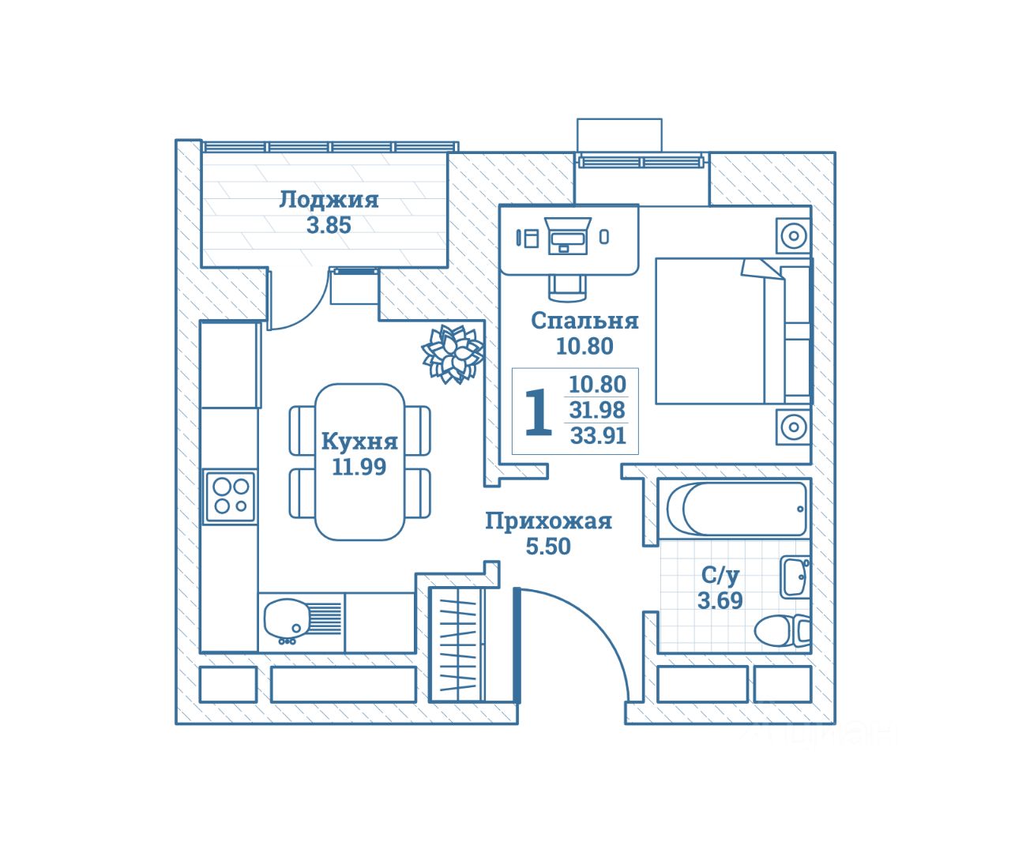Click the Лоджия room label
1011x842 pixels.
point(329,200)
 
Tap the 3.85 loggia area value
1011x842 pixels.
point(329,225)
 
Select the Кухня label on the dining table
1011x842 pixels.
point(359,442)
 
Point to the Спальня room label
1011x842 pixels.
point(584,321)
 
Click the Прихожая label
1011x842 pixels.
point(548,521)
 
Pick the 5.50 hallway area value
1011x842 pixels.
point(548,546)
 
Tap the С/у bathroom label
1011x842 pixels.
point(720,575)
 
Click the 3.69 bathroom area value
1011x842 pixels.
point(720,601)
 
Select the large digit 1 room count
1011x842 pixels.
point(539,412)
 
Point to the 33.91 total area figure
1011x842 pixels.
point(598,435)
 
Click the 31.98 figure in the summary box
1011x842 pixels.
point(597,410)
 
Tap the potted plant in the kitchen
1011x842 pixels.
point(453,354)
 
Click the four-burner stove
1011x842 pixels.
point(230,496)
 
